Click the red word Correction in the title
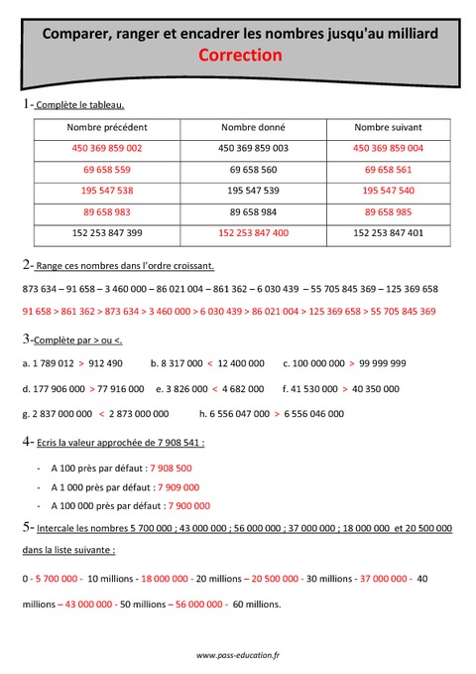241,57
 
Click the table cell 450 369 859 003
253,148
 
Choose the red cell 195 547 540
388,191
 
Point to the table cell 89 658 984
253,212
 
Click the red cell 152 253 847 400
253,233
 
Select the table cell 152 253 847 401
388,233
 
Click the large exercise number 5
25,528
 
